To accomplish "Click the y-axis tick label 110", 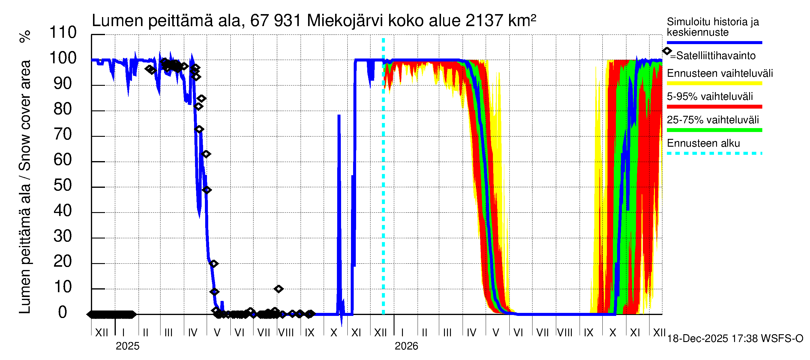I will point(63,33).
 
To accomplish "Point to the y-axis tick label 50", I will point(63,185).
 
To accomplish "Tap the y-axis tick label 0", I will point(63,313).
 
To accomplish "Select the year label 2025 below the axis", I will point(127,346).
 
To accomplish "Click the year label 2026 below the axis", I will point(406,346).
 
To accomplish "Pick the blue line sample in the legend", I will point(714,42).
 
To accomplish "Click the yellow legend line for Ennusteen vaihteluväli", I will point(714,84).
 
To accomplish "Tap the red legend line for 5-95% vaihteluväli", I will point(714,107).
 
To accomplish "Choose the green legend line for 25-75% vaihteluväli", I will point(714,130).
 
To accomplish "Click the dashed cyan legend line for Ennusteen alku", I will point(714,153).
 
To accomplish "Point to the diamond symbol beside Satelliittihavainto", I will point(667,51).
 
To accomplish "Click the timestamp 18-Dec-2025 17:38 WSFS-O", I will point(735,339).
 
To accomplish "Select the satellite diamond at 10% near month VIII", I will point(278,289).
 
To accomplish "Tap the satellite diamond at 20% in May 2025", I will point(214,264).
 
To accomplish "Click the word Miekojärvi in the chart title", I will point(345,21).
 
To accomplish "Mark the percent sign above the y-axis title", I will point(25,37).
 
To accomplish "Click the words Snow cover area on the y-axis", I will point(25,115).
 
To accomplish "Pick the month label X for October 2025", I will point(334,333).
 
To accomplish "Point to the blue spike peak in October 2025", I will point(339,116).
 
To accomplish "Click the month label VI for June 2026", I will point(518,333).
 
